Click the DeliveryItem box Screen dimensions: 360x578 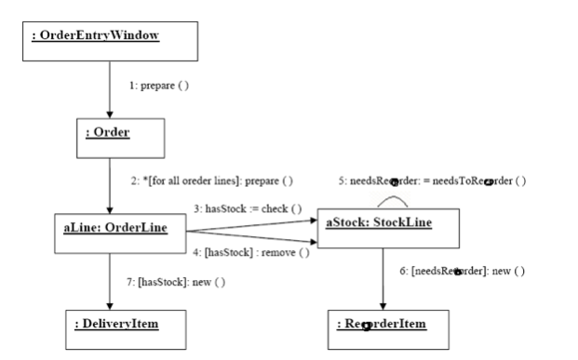pos(116,324)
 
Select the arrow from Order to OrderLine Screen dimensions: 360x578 pos(109,183)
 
